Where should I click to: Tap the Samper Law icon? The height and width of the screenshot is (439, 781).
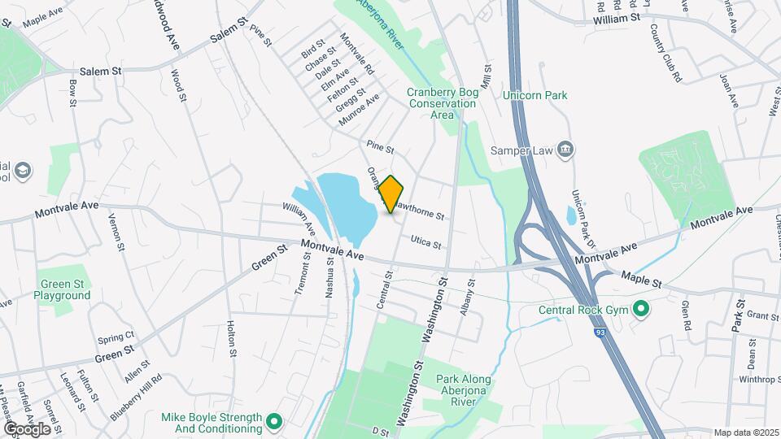pyautogui.click(x=568, y=150)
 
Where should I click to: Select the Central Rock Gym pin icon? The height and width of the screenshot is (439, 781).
pyautogui.click(x=640, y=309)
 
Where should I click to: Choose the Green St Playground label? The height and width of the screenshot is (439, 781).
pyautogui.click(x=63, y=290)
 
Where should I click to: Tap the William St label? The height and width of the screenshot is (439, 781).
pyautogui.click(x=617, y=18)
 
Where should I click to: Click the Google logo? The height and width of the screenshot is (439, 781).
pyautogui.click(x=27, y=428)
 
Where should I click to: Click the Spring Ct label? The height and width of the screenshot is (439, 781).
pyautogui.click(x=116, y=337)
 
